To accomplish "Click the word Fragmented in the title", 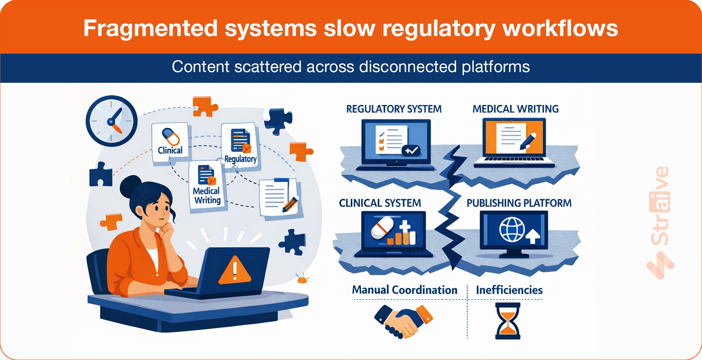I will tap(150, 28).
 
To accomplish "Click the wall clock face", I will tap(112, 121).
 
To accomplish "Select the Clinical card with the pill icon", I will tap(170, 143).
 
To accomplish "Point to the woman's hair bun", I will tap(130, 186).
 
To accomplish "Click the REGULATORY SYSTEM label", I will tap(394, 109).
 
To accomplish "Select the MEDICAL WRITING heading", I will tap(516, 109).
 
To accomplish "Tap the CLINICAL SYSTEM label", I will tap(380, 203).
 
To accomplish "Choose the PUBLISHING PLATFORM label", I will tap(519, 203).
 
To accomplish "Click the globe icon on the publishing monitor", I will tap(512, 230).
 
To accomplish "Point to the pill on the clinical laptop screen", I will tap(382, 228).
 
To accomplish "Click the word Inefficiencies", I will tap(509, 290).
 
